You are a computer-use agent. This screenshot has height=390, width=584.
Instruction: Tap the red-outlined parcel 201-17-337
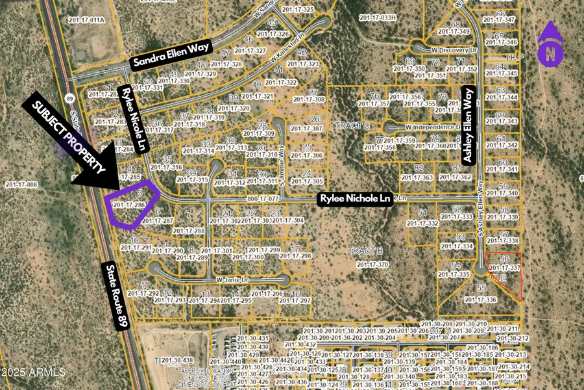coord(505,273)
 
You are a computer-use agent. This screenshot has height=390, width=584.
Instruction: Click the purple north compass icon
coord(550,44)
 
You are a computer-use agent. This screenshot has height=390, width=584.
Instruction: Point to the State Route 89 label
coord(116,296)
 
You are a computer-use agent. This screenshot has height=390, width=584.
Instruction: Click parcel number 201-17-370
coord(372,265)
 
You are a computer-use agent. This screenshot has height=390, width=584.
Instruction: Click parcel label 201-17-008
coord(21,185)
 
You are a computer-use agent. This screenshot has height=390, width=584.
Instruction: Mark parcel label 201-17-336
coord(481,300)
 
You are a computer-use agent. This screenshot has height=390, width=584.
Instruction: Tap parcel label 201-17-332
coord(422,223)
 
